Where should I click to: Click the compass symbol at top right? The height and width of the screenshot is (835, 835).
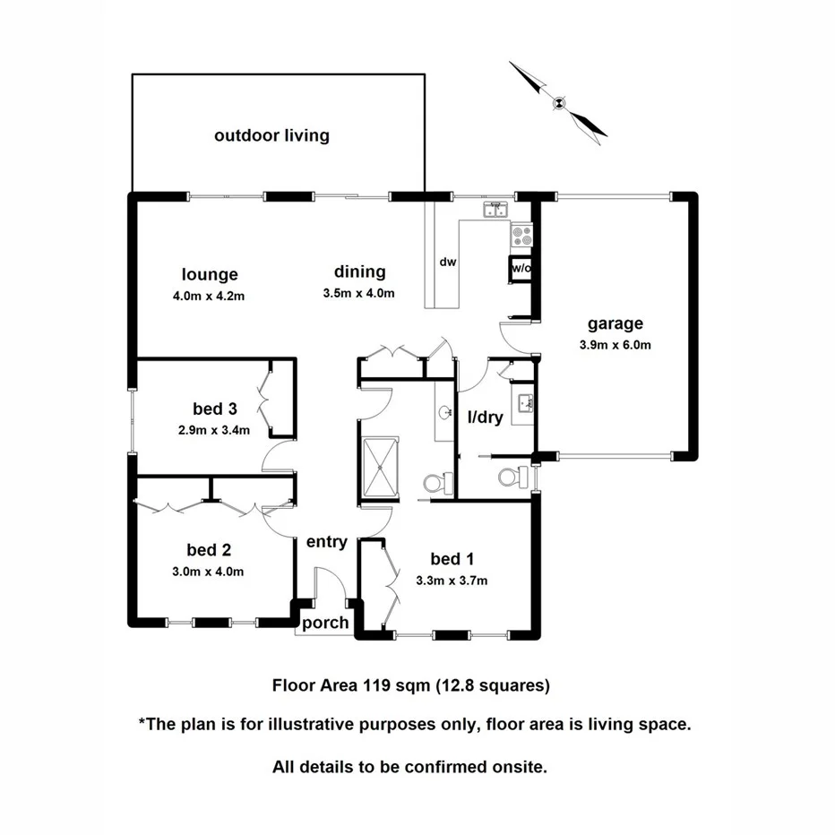[558, 101]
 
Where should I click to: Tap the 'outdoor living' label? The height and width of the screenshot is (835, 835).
[271, 136]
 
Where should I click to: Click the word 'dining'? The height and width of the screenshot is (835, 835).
[359, 271]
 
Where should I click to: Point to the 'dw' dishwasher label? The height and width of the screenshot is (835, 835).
[448, 263]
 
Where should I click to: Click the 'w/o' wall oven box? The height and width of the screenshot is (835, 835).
[520, 267]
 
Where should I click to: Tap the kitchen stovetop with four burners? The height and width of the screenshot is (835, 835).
[521, 236]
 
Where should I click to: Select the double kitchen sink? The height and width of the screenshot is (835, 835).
[495, 210]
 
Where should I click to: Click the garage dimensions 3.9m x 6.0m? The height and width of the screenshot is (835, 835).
[615, 345]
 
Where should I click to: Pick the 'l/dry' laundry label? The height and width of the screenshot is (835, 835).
[484, 417]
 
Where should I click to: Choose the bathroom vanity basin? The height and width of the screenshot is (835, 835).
[445, 413]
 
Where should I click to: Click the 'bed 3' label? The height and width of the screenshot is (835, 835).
[215, 409]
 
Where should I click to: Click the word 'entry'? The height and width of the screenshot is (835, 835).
[326, 541]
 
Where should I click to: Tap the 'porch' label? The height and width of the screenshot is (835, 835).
[324, 623]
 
